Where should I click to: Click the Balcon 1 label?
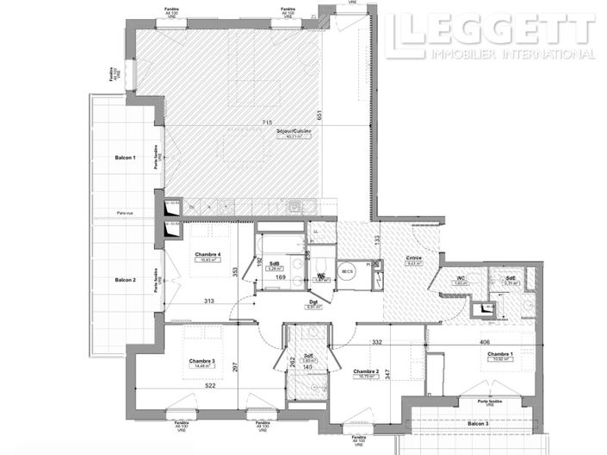126,158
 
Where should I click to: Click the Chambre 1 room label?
499,354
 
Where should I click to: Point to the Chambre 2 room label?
367,371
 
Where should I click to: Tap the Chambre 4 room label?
207,254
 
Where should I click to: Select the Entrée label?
415,258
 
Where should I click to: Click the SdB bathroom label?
275,263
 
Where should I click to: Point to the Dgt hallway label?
313,301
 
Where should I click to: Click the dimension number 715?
267,123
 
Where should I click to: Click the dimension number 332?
376,342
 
